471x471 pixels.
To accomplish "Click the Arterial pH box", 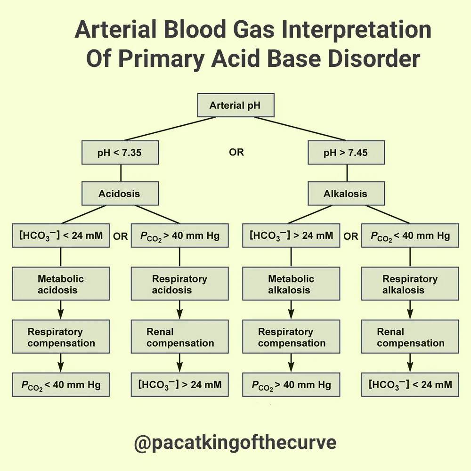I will pyautogui.click(x=235, y=106).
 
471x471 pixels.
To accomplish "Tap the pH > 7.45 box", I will pyautogui.click(x=346, y=153).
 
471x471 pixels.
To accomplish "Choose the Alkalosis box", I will pyautogui.click(x=346, y=194).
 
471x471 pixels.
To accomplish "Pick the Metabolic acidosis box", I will pyautogui.click(x=61, y=284).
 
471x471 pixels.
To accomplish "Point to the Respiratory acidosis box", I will pyautogui.click(x=179, y=284).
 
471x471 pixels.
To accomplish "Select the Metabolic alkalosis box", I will pyautogui.click(x=291, y=284).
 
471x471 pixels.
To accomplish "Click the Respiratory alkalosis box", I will pyautogui.click(x=410, y=284).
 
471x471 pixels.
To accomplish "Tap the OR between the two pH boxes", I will pyautogui.click(x=236, y=153).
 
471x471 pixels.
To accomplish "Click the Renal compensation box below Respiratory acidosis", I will pyautogui.click(x=179, y=337).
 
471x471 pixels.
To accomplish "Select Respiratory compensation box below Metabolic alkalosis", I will pyautogui.click(x=291, y=337).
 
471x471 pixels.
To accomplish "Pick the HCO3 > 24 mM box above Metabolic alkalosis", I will pyautogui.click(x=291, y=235).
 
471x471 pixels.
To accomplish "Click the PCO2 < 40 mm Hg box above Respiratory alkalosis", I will pyautogui.click(x=410, y=235).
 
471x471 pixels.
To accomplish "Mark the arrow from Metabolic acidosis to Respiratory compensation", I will pyautogui.click(x=61, y=310).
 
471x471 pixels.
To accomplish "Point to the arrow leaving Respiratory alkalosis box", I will pyautogui.click(x=410, y=310).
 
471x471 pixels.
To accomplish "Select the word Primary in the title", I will pyautogui.click(x=162, y=59).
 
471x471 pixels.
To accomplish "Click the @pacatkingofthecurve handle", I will pyautogui.click(x=235, y=443).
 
